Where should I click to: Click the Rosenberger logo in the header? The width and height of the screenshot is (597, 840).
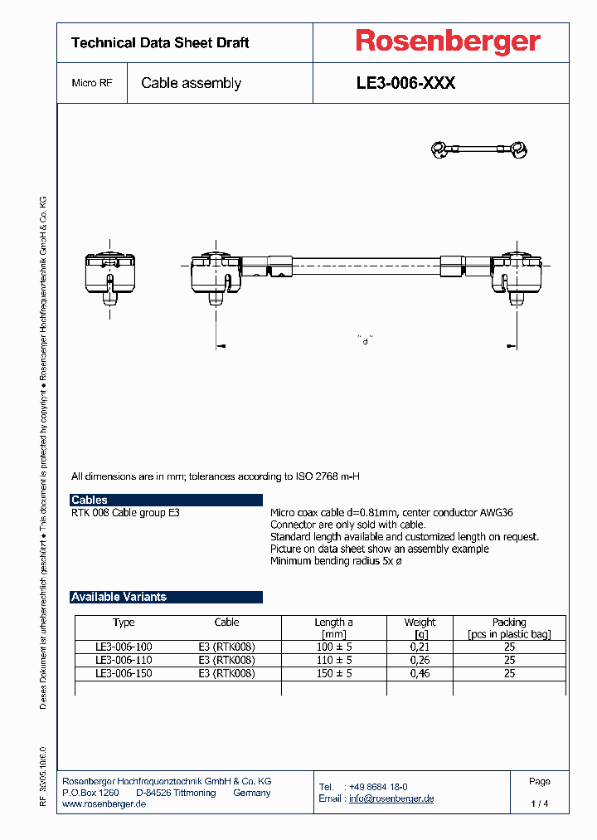[x=448, y=41]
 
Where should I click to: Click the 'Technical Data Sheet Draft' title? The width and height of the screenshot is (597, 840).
[x=160, y=42]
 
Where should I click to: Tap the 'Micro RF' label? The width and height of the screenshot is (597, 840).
[x=92, y=83]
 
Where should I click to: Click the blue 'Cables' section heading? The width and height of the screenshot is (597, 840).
[x=90, y=500]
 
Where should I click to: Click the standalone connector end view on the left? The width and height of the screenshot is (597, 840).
[x=110, y=273]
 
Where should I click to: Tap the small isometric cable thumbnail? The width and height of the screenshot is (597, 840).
[x=480, y=149]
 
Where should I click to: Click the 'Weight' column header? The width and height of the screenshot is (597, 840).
[x=420, y=622]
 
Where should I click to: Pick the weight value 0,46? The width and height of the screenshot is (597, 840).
[x=420, y=673]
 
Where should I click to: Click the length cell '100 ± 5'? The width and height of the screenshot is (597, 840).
[x=333, y=647]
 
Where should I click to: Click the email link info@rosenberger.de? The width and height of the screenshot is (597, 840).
[x=391, y=798]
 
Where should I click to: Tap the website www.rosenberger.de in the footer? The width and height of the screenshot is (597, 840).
[x=104, y=804]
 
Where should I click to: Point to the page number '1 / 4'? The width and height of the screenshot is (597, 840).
[x=539, y=803]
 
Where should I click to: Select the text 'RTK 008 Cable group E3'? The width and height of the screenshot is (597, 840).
[x=125, y=513]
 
